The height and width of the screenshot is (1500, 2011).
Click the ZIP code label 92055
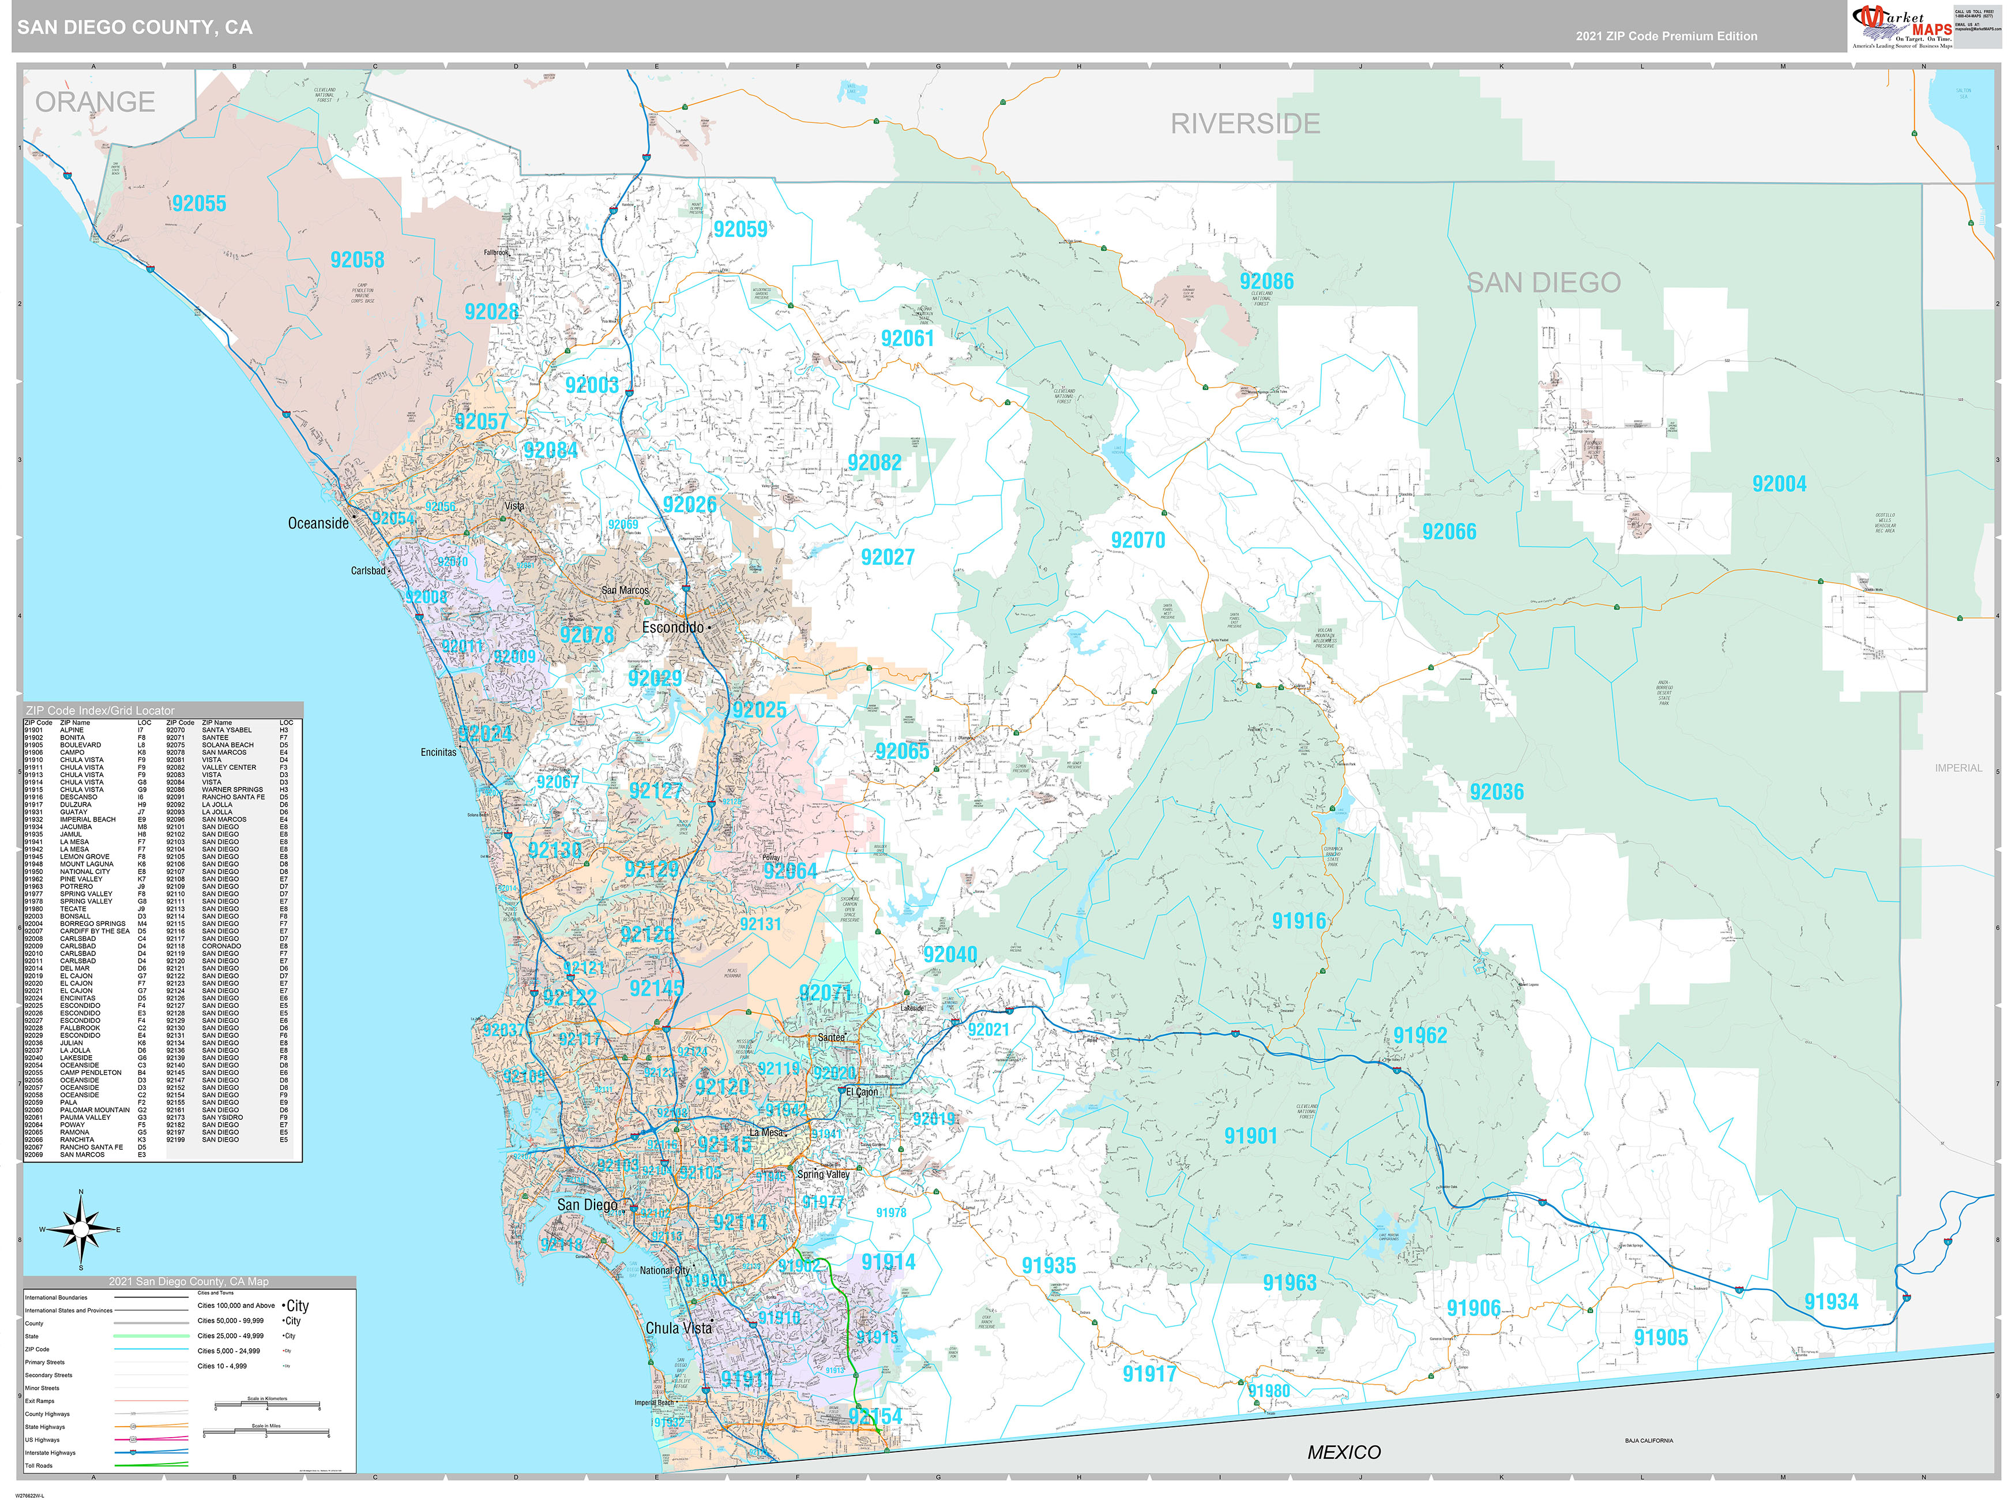(199, 204)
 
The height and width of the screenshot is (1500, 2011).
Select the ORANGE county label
(95, 102)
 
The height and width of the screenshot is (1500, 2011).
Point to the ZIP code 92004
(1779, 484)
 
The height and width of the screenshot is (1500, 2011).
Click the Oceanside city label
(318, 523)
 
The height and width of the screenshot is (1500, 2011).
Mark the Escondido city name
(672, 628)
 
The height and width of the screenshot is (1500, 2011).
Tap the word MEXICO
(1343, 1452)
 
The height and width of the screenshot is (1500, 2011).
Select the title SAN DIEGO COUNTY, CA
(134, 27)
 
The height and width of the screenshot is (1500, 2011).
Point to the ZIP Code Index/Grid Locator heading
(100, 710)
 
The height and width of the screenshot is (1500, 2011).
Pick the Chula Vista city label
(678, 1327)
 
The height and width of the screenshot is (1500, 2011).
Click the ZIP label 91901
(1250, 1136)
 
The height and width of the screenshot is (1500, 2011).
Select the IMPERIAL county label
(1957, 768)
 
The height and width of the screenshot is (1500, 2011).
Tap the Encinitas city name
(438, 752)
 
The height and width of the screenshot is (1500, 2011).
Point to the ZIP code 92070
(1137, 540)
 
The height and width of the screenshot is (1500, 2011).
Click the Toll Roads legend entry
(39, 1465)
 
